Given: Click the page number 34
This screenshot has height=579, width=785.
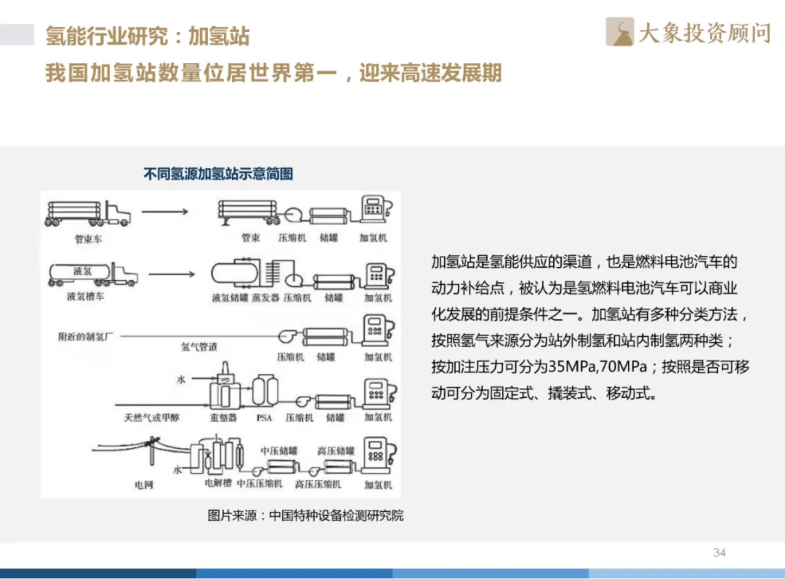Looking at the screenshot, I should [719, 553].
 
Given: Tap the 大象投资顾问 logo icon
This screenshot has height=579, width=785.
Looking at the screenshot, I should [620, 33].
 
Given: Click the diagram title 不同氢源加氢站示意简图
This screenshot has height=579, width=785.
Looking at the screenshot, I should [218, 175].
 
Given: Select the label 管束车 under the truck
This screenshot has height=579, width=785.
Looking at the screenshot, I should [89, 239].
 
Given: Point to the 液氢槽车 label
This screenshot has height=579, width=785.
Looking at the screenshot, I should [85, 297].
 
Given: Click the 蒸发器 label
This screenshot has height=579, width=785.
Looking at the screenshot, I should [265, 298].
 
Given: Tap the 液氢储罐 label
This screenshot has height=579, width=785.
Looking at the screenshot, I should [230, 298].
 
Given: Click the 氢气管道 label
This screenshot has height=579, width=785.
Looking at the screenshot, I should [199, 347].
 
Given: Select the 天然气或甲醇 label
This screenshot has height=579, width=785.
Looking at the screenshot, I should [152, 418].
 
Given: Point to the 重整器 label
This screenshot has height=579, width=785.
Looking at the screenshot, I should [223, 418].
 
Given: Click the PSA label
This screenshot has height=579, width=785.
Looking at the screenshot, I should [264, 418].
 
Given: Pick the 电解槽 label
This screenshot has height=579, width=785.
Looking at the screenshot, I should [218, 482].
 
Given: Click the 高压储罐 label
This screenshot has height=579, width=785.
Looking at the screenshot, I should [336, 451].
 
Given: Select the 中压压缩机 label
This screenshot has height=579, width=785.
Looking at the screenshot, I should [259, 484].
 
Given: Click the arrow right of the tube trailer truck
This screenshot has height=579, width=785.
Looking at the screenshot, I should [165, 212].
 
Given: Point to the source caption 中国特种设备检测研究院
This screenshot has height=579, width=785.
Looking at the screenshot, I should [336, 516].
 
